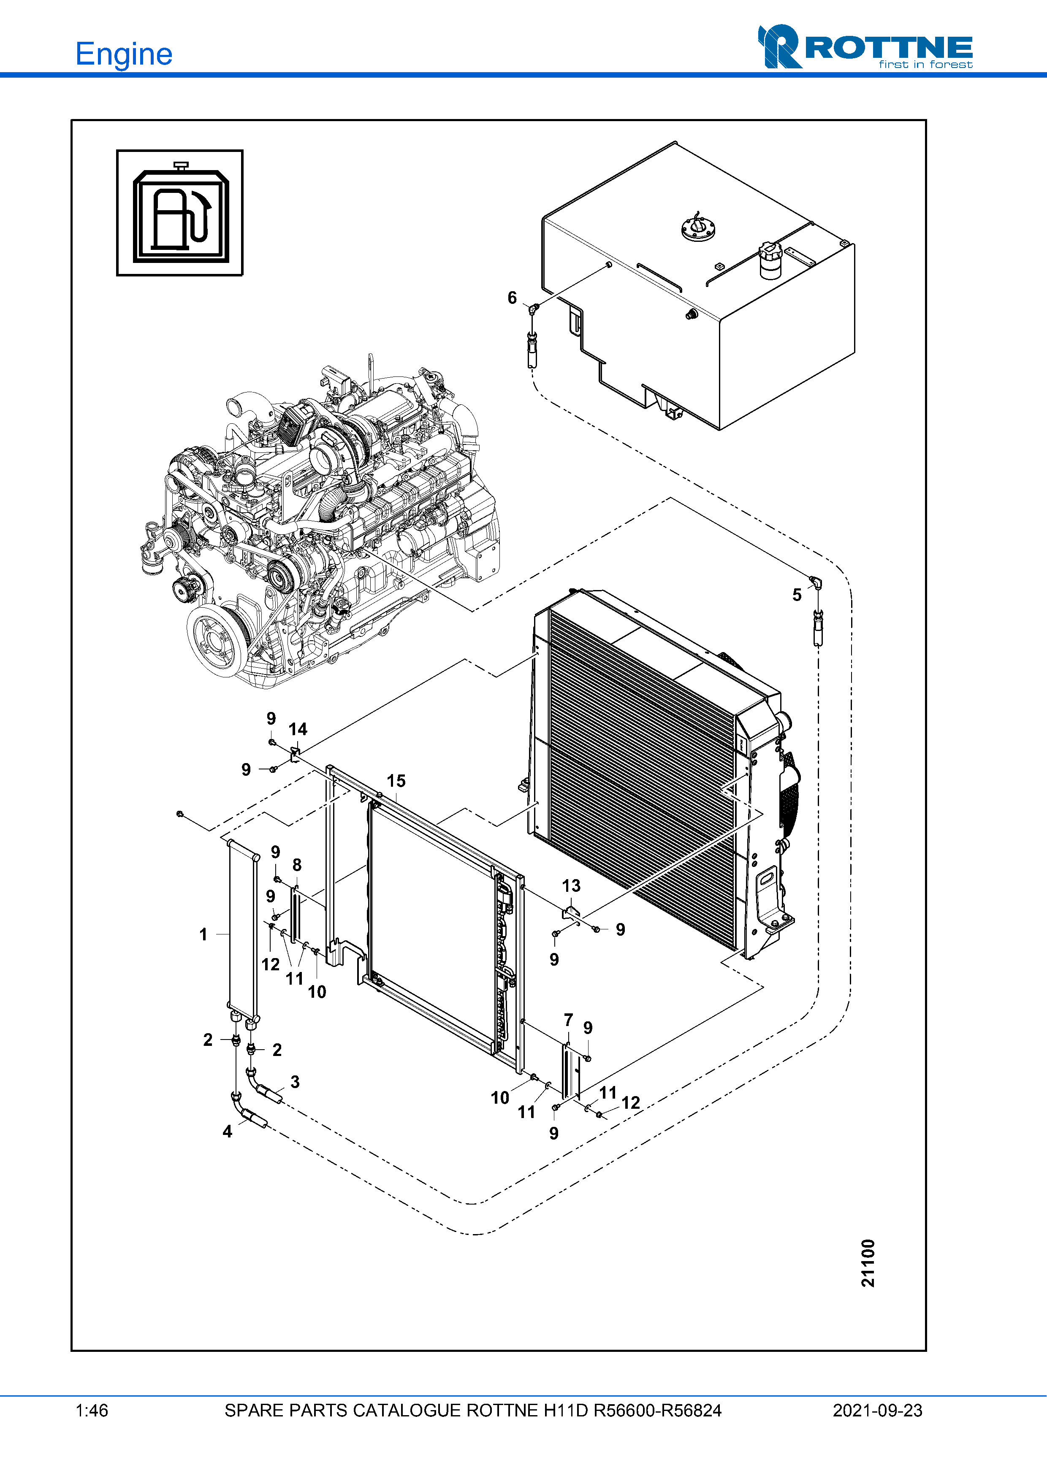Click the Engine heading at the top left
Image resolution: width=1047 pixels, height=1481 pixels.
tap(124, 54)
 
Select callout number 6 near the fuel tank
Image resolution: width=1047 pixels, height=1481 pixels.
tap(512, 298)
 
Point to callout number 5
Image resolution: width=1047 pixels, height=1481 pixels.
tap(797, 595)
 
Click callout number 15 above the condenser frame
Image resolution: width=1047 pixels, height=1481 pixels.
tap(396, 781)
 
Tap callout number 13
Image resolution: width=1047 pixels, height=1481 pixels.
tap(571, 886)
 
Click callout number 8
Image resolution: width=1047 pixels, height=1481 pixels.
tap(297, 865)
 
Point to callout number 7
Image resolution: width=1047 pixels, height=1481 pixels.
tap(568, 1020)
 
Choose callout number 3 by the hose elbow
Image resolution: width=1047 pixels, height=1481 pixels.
tap(295, 1082)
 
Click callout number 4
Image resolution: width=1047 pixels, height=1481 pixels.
tap(227, 1132)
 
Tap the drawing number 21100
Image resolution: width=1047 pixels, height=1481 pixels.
tap(868, 1262)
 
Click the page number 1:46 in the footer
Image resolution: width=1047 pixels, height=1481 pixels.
tap(92, 1411)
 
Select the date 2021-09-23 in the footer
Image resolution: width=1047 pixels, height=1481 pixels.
tap(877, 1411)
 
